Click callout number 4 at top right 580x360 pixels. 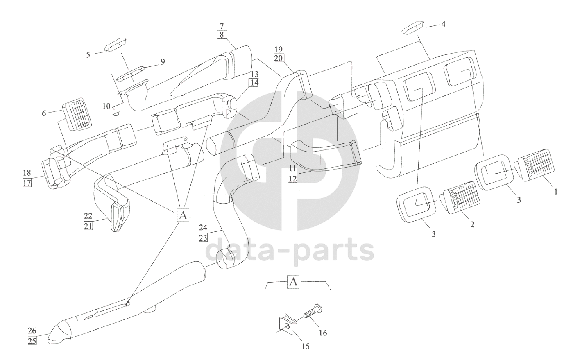pyautogui.click(x=443, y=24)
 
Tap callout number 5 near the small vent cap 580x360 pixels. pyautogui.click(x=88, y=55)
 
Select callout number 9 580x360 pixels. pyautogui.click(x=163, y=62)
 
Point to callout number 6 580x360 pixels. pyautogui.click(x=44, y=113)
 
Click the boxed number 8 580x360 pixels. pyautogui.click(x=222, y=34)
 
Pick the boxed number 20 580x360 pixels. pyautogui.click(x=279, y=58)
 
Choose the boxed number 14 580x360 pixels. pyautogui.click(x=254, y=83)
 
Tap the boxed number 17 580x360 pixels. pyautogui.click(x=27, y=183)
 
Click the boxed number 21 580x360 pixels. pyautogui.click(x=88, y=226)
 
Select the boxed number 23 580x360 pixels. pyautogui.click(x=203, y=238)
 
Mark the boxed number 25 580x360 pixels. pyautogui.click(x=32, y=341)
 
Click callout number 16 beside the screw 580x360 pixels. pyautogui.click(x=323, y=333)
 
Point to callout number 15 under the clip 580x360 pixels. pyautogui.click(x=306, y=346)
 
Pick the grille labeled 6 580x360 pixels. pyautogui.click(x=77, y=113)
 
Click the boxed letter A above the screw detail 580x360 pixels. pyautogui.click(x=293, y=282)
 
